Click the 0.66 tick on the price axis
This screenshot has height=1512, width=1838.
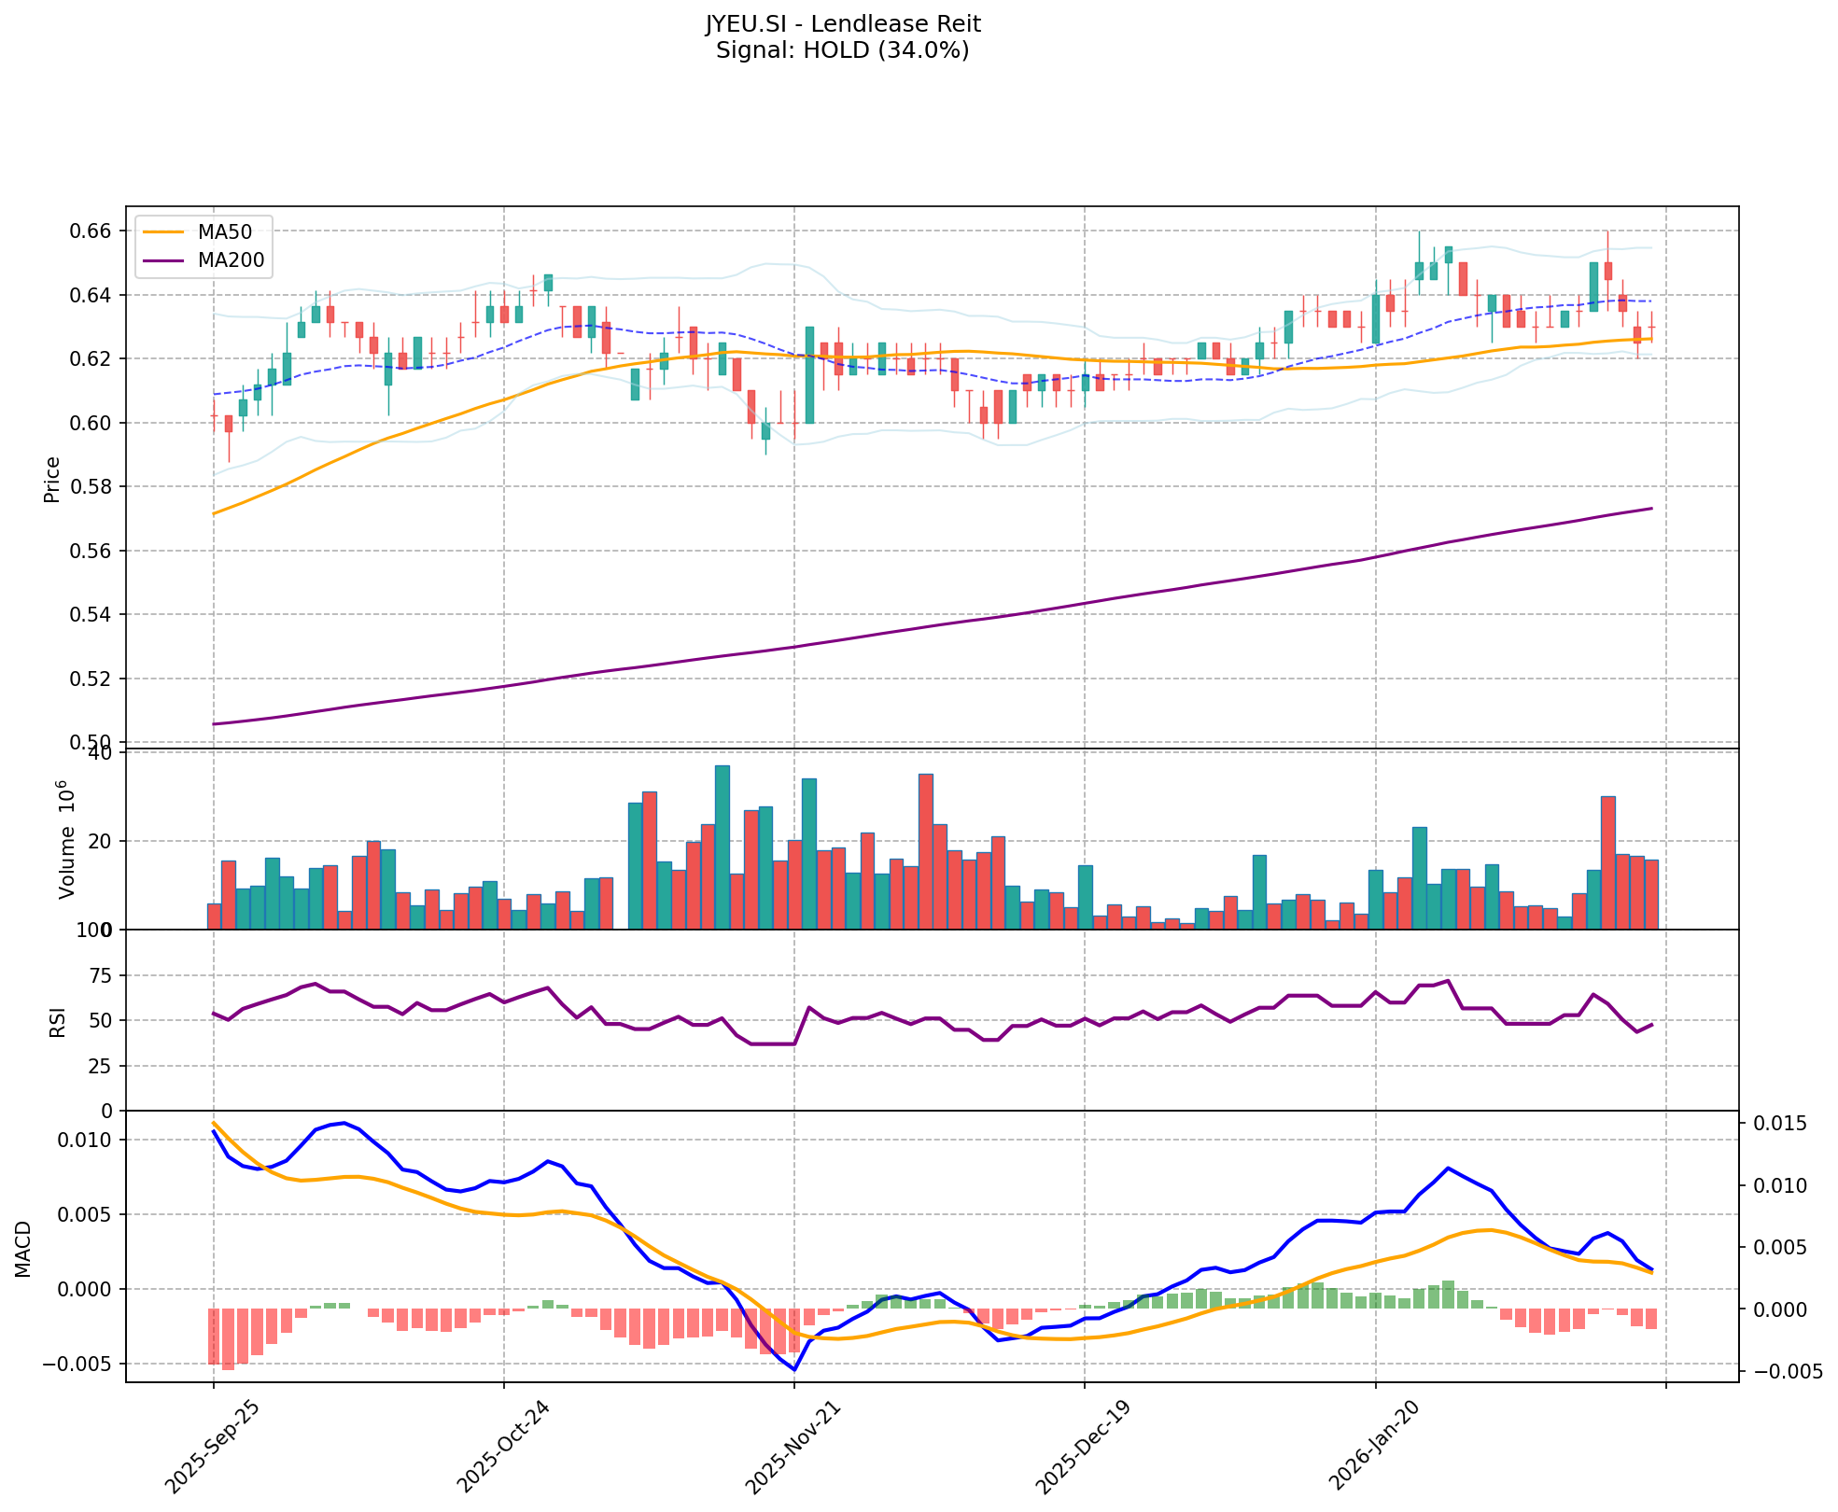(92, 231)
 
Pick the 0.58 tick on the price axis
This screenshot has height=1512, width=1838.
(92, 487)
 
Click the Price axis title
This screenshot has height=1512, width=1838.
(52, 480)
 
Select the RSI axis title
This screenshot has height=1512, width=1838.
(58, 1021)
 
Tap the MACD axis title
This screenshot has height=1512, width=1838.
(23, 1249)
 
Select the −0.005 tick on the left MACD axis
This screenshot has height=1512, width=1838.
(80, 1365)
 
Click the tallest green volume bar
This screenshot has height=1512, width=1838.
(723, 847)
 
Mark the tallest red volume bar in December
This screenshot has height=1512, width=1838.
(926, 851)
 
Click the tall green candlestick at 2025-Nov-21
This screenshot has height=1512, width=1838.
(809, 375)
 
